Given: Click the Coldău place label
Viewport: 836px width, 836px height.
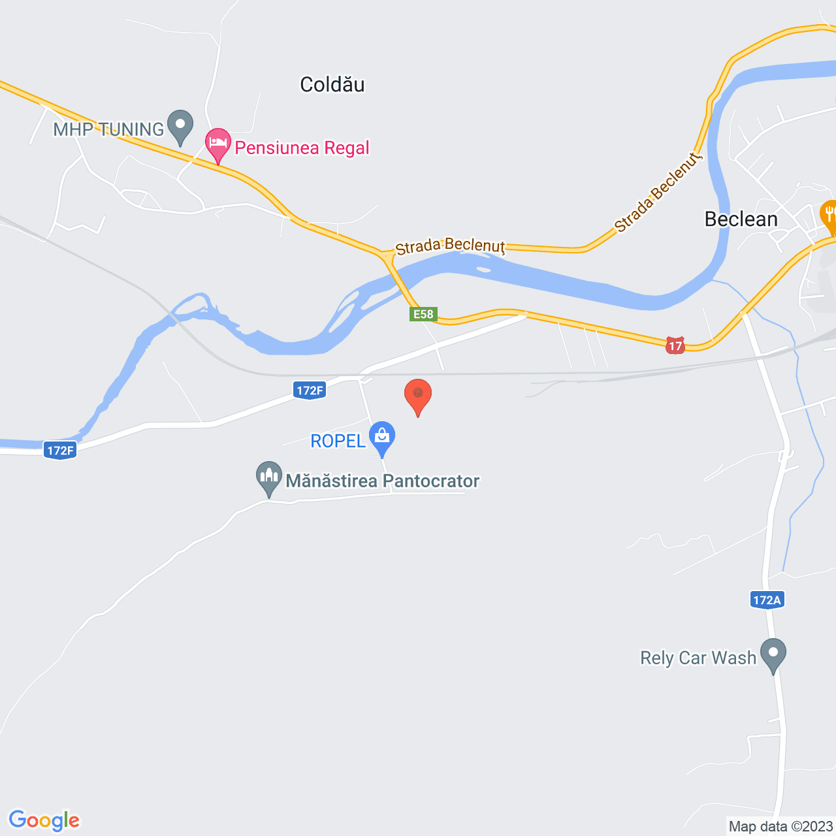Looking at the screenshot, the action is coord(332,84).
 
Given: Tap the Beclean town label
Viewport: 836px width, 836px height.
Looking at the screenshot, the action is coord(741,219).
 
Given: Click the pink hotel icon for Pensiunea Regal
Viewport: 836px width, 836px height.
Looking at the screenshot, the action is coord(218,144).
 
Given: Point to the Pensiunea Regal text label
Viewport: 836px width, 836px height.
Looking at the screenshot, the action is coord(302,148).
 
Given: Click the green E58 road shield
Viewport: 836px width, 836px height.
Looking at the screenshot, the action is coord(423,314).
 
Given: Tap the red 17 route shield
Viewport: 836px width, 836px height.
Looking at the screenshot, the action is coord(675,346).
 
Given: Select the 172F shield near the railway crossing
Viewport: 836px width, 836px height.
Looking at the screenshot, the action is coord(310,391).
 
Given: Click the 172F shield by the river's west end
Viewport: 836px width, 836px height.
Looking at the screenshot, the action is coord(60,450).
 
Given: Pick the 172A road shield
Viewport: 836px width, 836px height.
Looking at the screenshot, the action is coord(767,600).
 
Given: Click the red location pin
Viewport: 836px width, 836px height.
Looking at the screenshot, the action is coord(418,396).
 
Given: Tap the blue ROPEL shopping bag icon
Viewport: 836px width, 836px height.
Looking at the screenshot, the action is coord(382,436).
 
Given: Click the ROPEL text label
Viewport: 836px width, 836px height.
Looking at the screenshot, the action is coord(338,441).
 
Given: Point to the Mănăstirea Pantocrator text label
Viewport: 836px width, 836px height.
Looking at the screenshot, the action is coord(383,481).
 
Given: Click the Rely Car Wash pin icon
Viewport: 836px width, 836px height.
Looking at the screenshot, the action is coord(773,653).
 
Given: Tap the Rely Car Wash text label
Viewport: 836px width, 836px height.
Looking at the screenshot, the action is coord(698,658).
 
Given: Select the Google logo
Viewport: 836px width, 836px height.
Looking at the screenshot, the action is coord(44,820).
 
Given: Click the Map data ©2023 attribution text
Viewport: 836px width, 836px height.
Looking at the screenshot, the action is coord(780,826).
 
